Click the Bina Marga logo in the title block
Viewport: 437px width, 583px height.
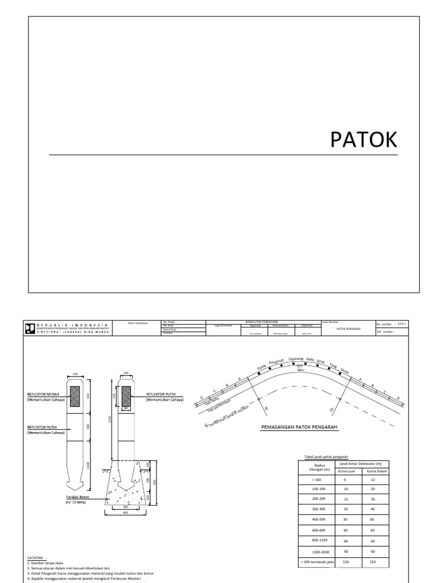click(x=29, y=327)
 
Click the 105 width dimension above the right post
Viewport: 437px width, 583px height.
click(x=126, y=374)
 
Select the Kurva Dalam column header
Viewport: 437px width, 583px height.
click(x=376, y=471)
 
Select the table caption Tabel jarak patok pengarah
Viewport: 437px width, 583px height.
click(x=326, y=456)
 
